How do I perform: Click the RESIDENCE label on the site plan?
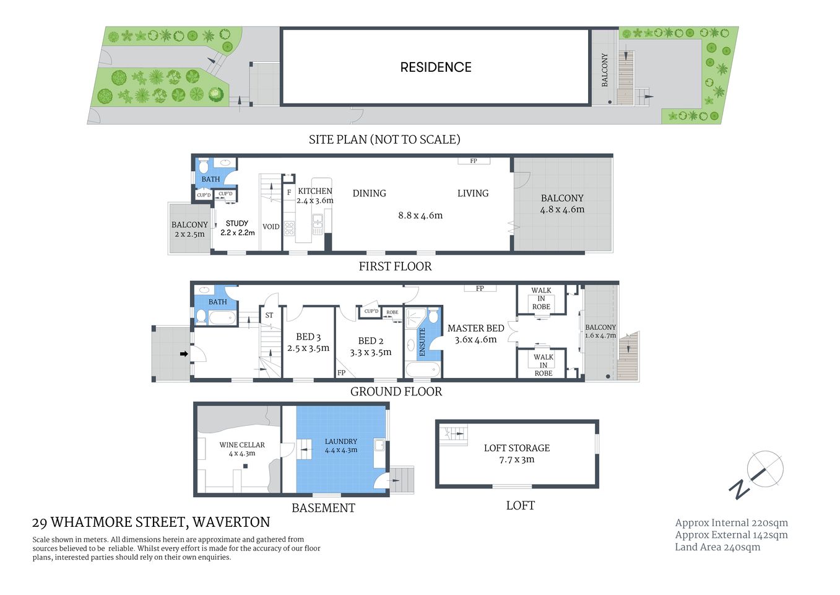pos(435,68)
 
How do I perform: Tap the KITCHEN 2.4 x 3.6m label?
pos(314,195)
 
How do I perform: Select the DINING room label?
pos(369,193)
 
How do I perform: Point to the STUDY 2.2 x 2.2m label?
pos(237,227)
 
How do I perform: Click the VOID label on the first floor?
pos(271,227)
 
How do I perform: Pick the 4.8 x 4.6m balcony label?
pos(561,204)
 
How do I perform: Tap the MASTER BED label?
pos(475,333)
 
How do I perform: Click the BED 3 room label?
pos(308,342)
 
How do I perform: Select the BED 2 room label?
pos(370,346)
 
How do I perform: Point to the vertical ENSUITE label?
pos(422,342)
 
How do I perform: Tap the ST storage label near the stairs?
pos(269,315)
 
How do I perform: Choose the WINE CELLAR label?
pos(241,449)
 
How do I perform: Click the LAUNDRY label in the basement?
pos(340,445)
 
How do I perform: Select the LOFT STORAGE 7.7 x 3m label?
pos(516,453)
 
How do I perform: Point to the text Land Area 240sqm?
pos(717,547)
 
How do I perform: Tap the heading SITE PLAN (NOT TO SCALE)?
pos(384,139)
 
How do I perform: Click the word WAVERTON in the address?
pos(232,522)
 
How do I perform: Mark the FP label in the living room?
pos(474,161)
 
